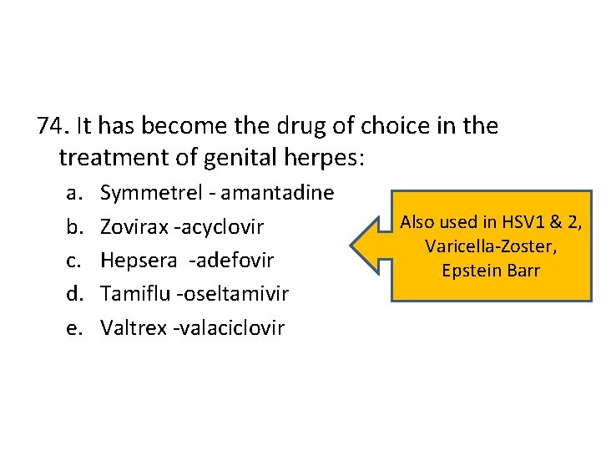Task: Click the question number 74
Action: (52, 126)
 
